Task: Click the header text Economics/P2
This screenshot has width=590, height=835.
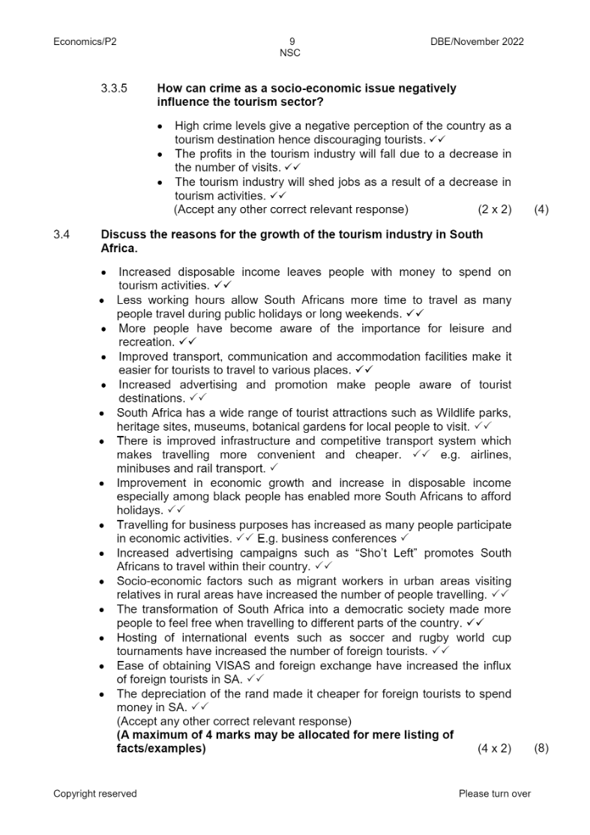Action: (x=85, y=42)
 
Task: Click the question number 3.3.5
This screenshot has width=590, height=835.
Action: (x=114, y=89)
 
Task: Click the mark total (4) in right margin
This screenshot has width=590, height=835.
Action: (x=541, y=210)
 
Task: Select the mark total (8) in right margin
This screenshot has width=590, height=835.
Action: (x=541, y=749)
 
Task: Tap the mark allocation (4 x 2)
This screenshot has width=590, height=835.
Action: (x=494, y=749)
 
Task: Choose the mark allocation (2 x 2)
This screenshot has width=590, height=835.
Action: (x=494, y=210)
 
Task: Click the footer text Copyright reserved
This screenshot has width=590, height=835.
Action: (x=95, y=794)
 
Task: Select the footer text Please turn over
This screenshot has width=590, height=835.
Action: (x=494, y=794)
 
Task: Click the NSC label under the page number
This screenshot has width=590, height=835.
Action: (x=290, y=53)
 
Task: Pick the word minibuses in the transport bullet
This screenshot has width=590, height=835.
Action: (x=142, y=468)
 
